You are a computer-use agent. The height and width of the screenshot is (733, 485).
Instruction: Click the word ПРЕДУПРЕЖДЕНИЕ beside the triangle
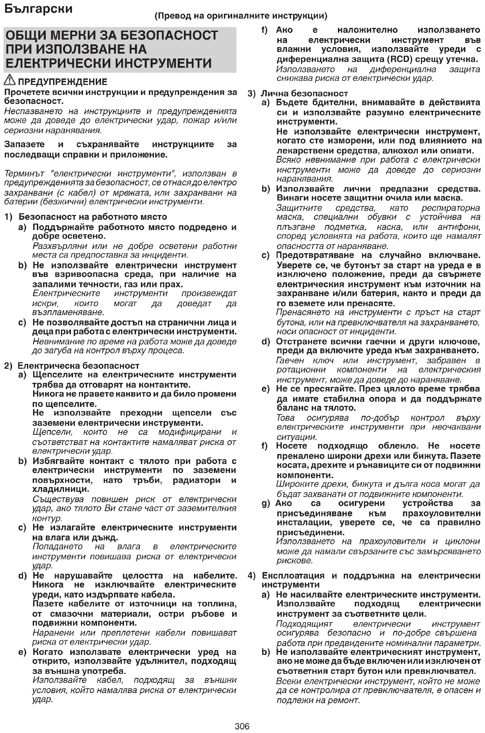[x=63, y=82]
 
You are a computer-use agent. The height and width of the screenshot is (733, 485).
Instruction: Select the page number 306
[x=242, y=726]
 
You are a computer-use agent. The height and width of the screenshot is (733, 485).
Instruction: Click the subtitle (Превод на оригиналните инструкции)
[x=241, y=16]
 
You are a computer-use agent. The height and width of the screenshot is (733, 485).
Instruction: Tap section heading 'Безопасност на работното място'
[x=93, y=217]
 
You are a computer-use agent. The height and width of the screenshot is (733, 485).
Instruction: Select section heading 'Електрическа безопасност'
[x=79, y=365]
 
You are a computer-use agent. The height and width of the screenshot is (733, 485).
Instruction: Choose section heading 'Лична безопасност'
[x=304, y=93]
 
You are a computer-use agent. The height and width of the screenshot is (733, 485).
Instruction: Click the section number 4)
[x=252, y=575]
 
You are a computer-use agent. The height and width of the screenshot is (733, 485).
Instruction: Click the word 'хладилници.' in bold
[x=61, y=489]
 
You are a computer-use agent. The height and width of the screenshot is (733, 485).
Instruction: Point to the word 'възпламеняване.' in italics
[x=68, y=312]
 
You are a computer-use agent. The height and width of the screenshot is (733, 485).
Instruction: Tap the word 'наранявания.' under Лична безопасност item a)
[x=305, y=179]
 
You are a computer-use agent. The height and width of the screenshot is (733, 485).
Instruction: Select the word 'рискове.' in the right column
[x=295, y=561]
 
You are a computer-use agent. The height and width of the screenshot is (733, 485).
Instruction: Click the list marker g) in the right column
[x=266, y=504]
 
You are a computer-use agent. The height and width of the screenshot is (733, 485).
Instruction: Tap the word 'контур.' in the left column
[x=47, y=518]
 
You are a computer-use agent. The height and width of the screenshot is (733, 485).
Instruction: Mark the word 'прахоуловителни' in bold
[x=442, y=513]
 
